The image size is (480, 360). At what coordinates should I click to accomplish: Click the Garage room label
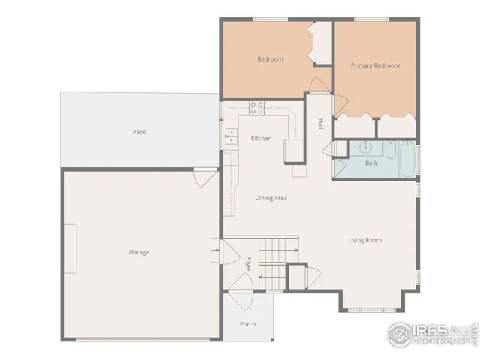(139, 252)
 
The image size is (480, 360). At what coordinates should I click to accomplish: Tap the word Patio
(139, 132)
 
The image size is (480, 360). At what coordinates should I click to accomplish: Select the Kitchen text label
(261, 138)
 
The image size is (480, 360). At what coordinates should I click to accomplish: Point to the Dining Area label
(271, 198)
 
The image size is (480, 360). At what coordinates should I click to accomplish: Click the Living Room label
(364, 240)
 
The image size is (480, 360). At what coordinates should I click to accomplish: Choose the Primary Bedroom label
(375, 65)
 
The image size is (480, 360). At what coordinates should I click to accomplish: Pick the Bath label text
(371, 163)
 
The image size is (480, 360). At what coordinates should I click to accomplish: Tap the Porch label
(247, 324)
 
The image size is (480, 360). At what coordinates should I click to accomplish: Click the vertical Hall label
(320, 124)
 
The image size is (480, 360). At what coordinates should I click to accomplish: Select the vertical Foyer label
(248, 262)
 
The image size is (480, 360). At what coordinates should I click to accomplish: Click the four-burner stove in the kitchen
(257, 107)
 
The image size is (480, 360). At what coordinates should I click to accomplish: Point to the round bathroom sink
(367, 147)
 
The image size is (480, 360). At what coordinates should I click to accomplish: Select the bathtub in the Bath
(406, 160)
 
